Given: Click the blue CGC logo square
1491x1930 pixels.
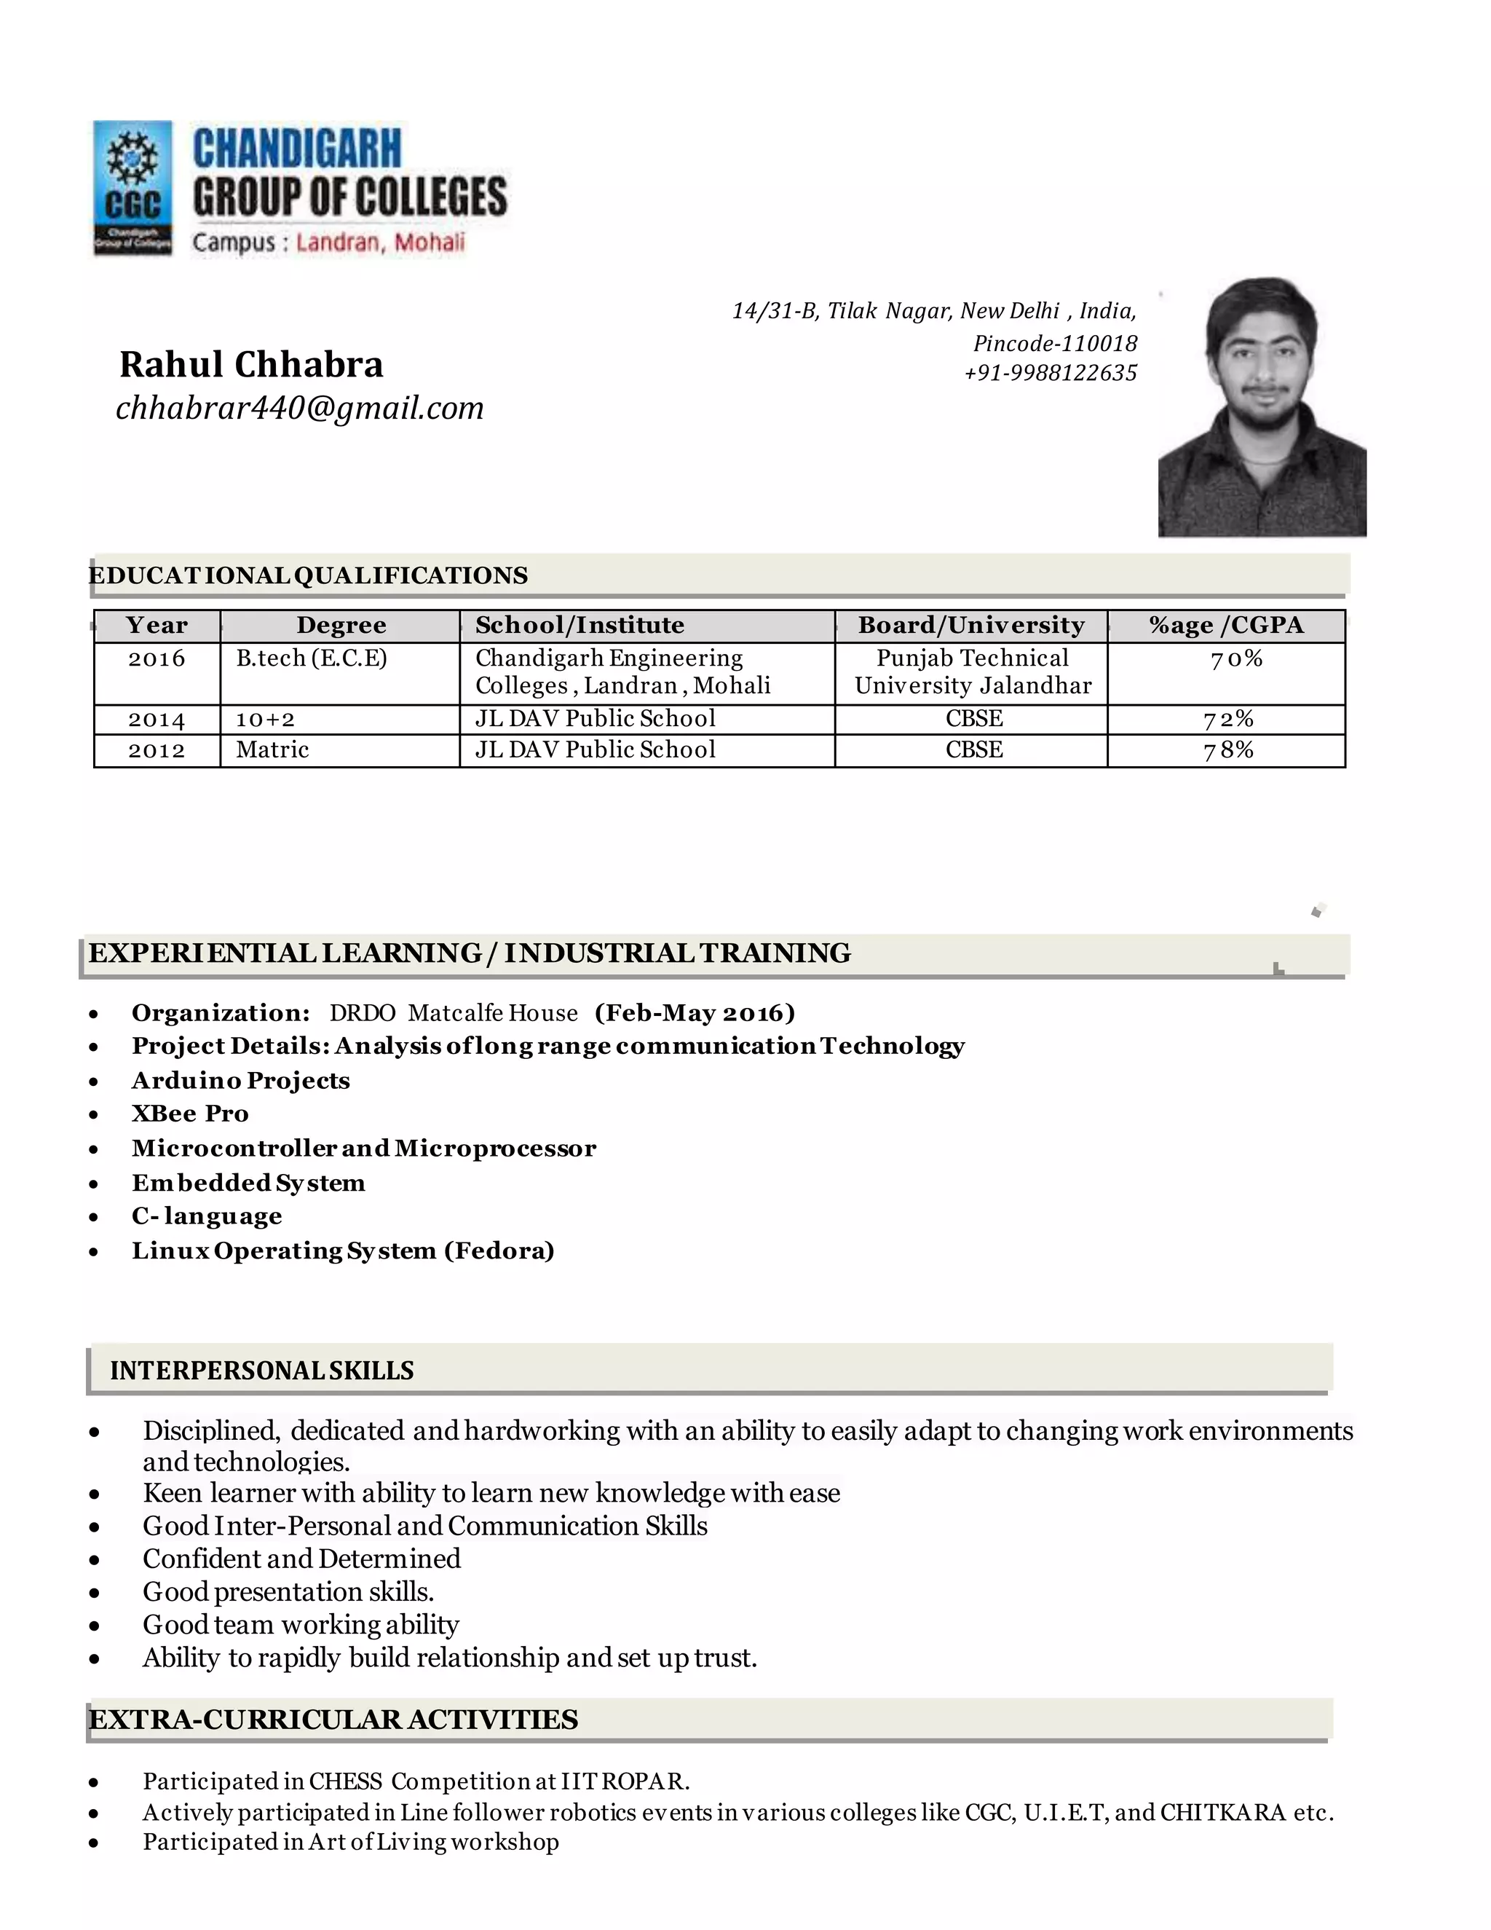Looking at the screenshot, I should (x=133, y=187).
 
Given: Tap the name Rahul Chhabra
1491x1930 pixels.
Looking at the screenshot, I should (x=251, y=364).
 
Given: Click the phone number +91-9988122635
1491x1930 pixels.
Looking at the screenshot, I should (x=1051, y=373).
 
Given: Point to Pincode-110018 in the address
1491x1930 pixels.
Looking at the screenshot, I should (x=1055, y=343).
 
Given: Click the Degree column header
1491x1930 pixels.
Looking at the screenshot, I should (x=341, y=626).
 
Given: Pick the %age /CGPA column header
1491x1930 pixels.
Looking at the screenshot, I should (x=1226, y=626).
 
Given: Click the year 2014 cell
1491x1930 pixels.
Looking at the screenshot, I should (x=157, y=720).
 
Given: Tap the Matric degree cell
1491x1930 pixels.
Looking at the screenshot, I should (x=272, y=750).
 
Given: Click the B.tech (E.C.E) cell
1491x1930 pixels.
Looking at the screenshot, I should (x=311, y=658).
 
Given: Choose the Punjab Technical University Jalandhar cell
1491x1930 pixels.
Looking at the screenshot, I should (x=973, y=671).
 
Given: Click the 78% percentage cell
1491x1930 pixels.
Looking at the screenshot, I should (x=1227, y=750).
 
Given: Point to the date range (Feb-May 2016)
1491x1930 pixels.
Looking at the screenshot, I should (x=695, y=1013).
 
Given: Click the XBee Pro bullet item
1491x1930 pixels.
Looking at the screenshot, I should (x=190, y=1114).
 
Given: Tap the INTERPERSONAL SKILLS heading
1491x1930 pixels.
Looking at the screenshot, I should (x=261, y=1371).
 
